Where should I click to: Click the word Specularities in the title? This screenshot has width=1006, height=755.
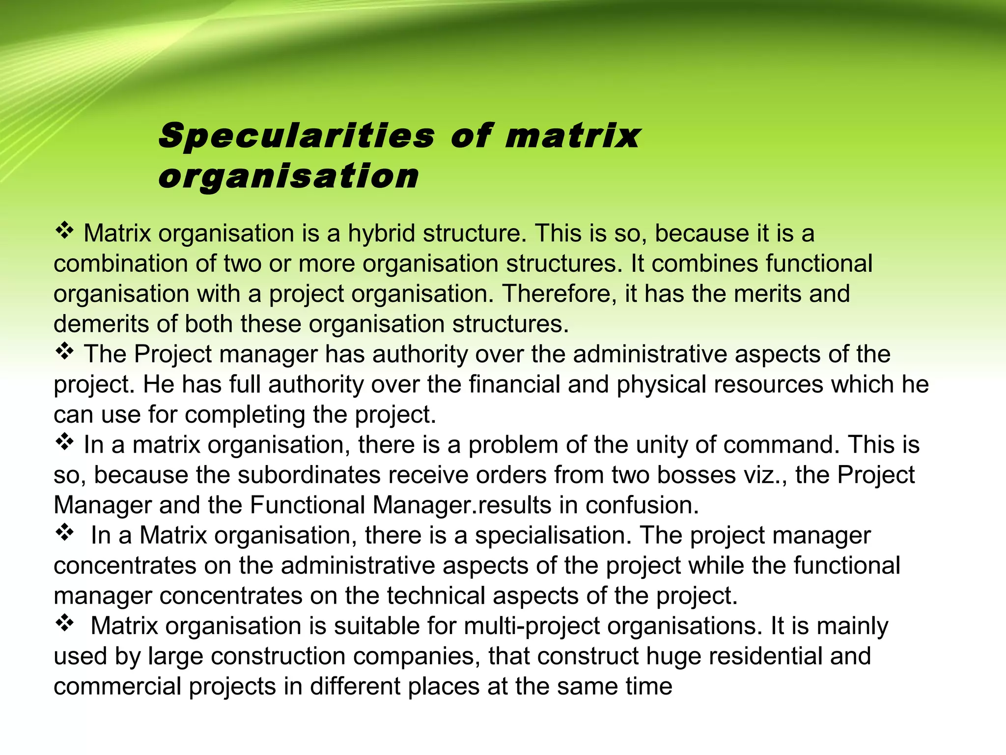click(x=297, y=136)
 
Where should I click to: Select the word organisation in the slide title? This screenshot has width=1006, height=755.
click(x=288, y=176)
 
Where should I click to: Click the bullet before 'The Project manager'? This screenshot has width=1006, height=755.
click(x=64, y=352)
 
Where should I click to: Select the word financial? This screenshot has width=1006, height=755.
click(x=514, y=384)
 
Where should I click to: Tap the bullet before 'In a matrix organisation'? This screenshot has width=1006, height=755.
click(x=64, y=442)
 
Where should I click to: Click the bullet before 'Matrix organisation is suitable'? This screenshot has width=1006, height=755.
click(x=64, y=624)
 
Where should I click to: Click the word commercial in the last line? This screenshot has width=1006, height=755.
click(x=117, y=687)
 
